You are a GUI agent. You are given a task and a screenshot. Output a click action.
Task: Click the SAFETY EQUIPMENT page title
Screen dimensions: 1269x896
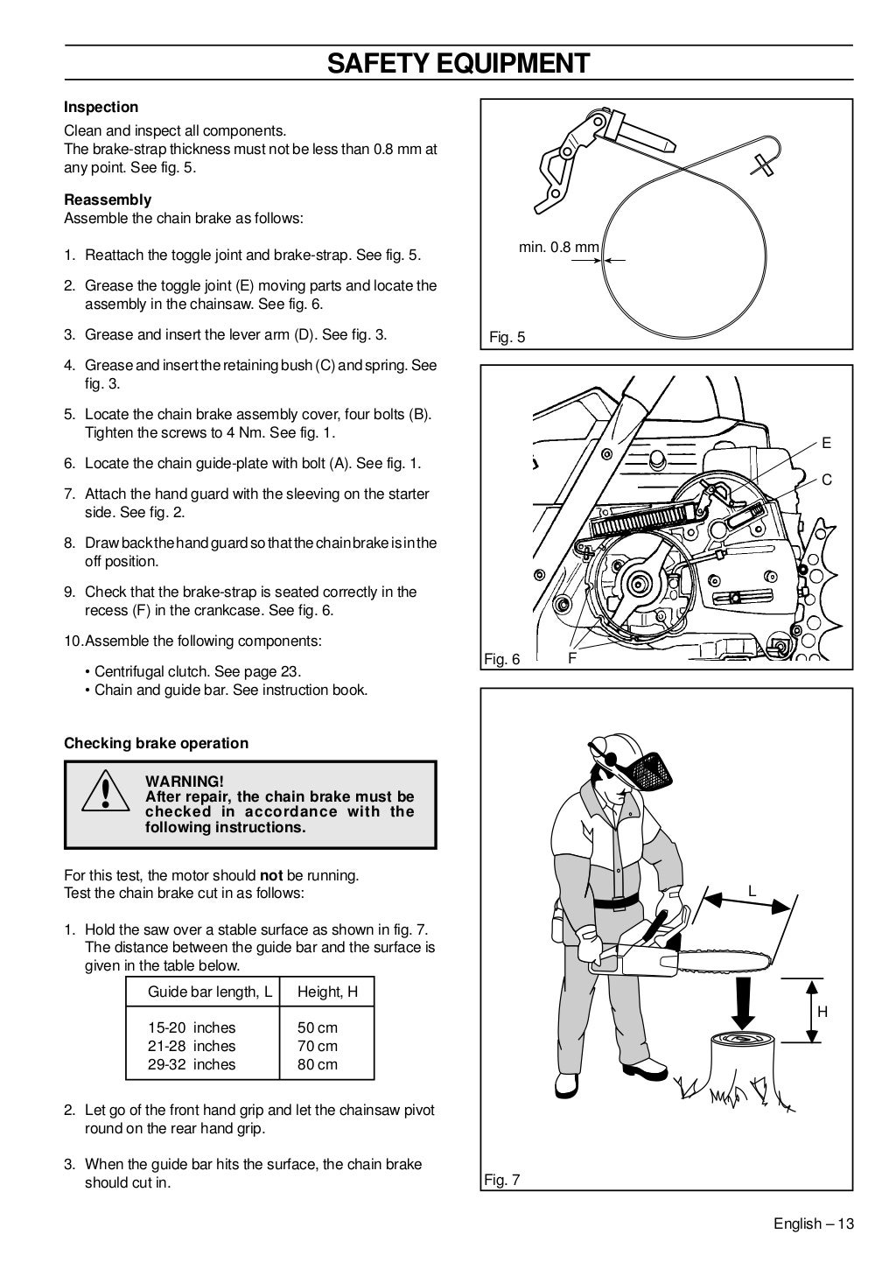tap(458, 63)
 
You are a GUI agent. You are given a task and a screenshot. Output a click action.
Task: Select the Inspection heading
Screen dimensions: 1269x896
tap(101, 108)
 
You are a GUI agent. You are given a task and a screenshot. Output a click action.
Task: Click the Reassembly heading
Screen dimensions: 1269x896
tap(108, 200)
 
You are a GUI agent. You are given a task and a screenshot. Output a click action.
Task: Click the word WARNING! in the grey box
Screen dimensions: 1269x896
tap(185, 781)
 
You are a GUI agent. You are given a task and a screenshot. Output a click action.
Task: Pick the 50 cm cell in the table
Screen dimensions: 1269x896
tap(317, 1027)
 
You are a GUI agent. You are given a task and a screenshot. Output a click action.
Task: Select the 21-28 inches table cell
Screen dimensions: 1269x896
tap(192, 1046)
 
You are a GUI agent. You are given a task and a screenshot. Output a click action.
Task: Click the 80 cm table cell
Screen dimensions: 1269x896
tap(317, 1064)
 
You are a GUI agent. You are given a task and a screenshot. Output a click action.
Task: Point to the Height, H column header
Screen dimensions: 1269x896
tap(327, 992)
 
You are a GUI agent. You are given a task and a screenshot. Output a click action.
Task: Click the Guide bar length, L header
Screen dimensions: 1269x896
tap(210, 992)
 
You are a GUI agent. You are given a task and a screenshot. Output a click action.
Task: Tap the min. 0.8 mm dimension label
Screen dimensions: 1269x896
tap(558, 248)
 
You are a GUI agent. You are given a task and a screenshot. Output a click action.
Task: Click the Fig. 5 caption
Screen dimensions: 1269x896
tap(507, 337)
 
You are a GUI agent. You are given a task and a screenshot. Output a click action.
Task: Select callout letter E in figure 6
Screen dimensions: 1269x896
tap(826, 444)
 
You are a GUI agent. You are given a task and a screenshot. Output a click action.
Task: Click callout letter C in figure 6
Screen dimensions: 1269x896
tap(826, 480)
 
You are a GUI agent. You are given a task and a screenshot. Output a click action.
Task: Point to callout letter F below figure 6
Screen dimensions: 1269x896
tap(572, 658)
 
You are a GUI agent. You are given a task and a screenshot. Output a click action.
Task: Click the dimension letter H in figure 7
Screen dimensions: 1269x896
tap(822, 1012)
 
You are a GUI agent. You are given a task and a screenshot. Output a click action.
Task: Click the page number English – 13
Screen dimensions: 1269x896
tap(813, 1223)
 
